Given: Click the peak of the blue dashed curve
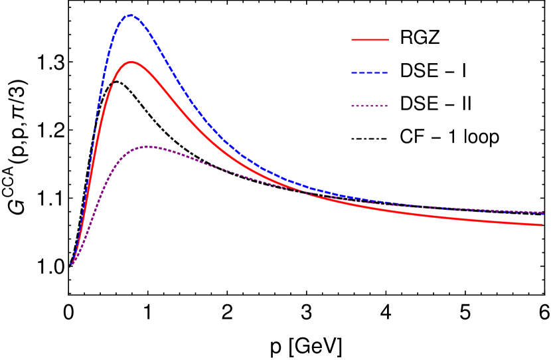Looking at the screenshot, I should pos(129,15).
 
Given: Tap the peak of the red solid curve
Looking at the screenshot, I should pos(131,62).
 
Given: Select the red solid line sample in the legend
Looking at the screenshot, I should pos(370,40).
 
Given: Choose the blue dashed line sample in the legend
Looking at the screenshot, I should pos(370,73).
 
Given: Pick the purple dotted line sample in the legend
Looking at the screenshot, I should pos(370,106).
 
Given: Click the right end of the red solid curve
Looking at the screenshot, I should pos(542,225).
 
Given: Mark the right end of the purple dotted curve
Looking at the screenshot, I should pos(543,213).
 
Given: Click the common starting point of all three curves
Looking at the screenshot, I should pos(70,265).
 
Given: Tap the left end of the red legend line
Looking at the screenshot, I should pos(352,40).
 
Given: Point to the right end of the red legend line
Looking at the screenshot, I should pos(388,40).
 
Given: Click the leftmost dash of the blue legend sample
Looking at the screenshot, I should pos(354,73).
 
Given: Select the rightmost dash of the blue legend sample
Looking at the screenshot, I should pos(385,73).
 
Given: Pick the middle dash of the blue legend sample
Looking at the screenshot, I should pos(370,73).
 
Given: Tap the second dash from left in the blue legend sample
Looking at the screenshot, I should pos(362,73).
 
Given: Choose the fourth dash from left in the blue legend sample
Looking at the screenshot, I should pos(378,73).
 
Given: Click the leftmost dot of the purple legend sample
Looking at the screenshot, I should pos(353,106).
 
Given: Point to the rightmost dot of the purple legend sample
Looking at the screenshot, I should pos(386,106).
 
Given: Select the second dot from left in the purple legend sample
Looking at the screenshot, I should pos(358,106).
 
